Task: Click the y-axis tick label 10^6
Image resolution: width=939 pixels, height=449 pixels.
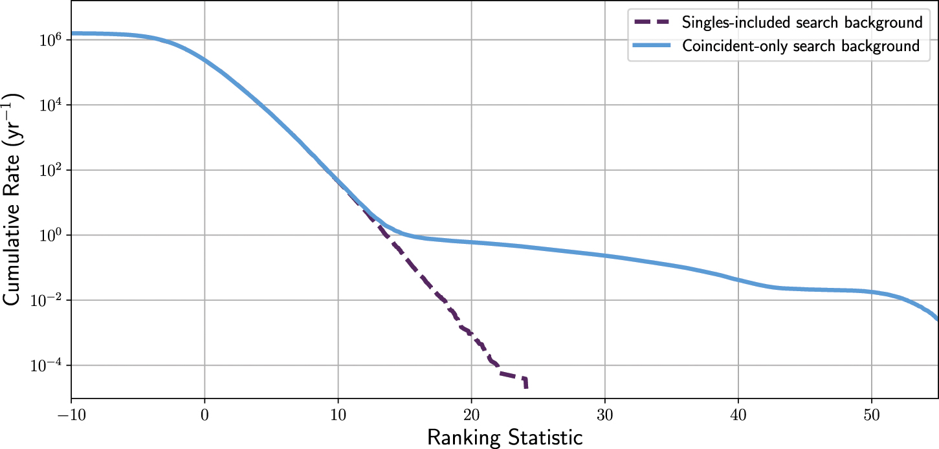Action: (x=50, y=39)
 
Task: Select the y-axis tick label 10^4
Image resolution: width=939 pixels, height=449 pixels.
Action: (x=50, y=105)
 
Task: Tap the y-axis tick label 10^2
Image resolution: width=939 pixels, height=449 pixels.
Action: (x=50, y=170)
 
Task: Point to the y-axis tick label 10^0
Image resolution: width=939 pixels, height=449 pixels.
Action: (x=50, y=235)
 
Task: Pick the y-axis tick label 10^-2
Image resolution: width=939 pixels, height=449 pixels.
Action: (x=47, y=300)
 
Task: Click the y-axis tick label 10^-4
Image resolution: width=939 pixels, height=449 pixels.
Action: (x=47, y=366)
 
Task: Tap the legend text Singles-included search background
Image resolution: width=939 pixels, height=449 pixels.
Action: (x=802, y=23)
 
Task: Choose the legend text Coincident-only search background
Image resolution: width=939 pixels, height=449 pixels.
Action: (x=801, y=46)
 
